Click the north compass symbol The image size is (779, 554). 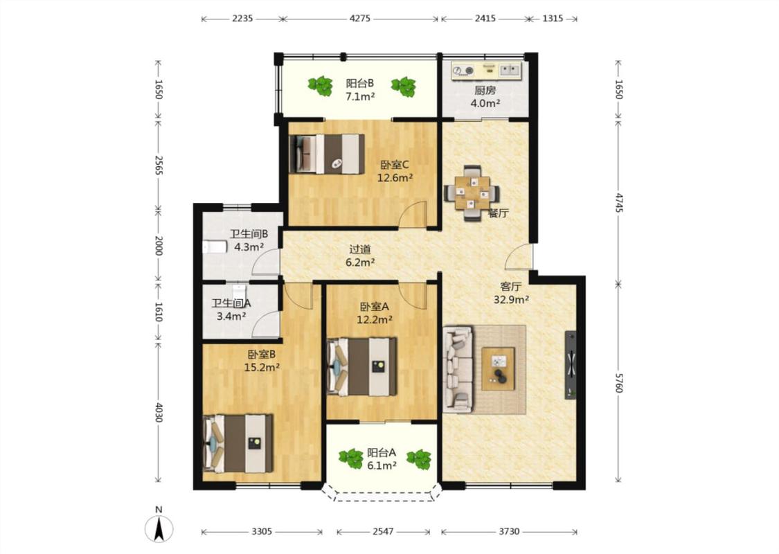(x=159, y=528)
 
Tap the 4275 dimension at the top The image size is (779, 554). (x=360, y=19)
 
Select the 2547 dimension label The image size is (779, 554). (x=383, y=532)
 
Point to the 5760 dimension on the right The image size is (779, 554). (x=618, y=383)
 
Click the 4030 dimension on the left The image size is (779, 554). (x=159, y=412)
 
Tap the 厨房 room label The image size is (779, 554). (x=485, y=91)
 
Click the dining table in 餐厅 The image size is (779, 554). (x=472, y=193)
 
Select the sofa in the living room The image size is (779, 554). (x=458, y=369)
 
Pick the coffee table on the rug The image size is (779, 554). (x=499, y=369)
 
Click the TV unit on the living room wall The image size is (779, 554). (x=571, y=365)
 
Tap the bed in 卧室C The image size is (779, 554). (x=327, y=154)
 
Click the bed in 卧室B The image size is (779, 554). (x=238, y=443)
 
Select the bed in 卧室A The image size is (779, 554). (x=362, y=367)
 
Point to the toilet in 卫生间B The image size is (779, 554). (x=215, y=247)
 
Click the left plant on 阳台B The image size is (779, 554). (x=321, y=85)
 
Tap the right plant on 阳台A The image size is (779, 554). (x=420, y=459)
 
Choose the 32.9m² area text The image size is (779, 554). (x=511, y=300)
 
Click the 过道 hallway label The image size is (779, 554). (x=359, y=249)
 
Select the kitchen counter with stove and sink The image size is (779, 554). (x=486, y=70)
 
